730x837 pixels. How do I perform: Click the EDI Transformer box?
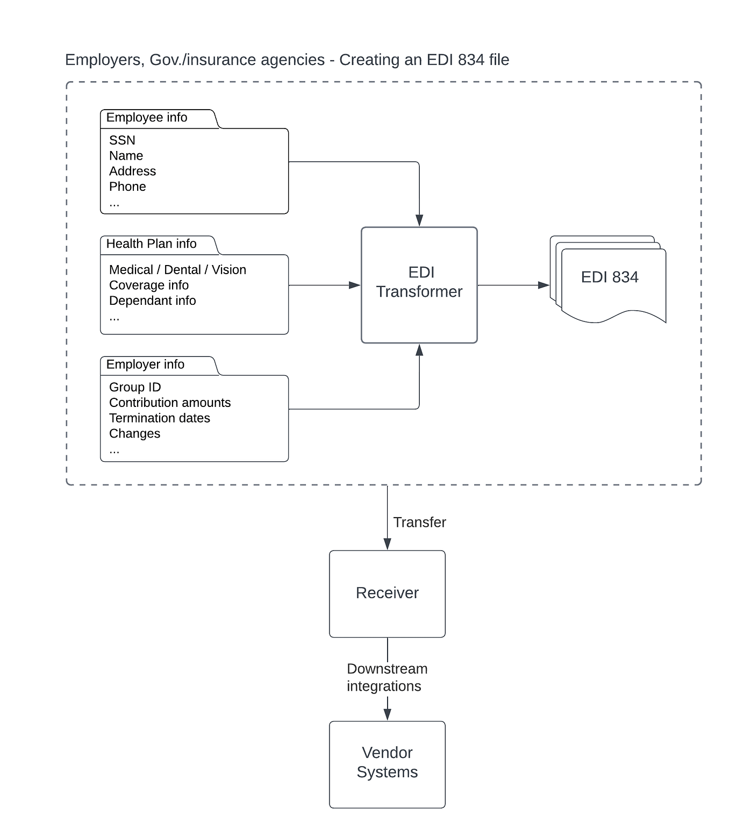419,284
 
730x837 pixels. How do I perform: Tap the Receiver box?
387,593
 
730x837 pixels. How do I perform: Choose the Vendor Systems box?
387,763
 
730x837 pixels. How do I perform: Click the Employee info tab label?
147,118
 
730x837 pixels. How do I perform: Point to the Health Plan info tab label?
151,244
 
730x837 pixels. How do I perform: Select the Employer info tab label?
145,364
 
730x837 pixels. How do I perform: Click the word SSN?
122,140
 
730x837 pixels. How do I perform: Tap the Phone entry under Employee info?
127,187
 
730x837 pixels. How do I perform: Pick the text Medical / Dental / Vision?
177,270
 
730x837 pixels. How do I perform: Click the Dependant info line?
152,301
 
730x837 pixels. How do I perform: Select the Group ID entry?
135,387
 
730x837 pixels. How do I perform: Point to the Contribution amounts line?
170,403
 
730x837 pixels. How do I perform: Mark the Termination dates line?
159,418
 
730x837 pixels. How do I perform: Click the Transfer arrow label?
419,523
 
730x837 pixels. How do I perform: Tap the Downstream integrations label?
387,677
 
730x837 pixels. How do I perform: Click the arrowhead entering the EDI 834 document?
543,285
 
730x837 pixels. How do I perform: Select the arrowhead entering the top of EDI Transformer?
419,220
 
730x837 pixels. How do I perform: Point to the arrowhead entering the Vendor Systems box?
387,714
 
